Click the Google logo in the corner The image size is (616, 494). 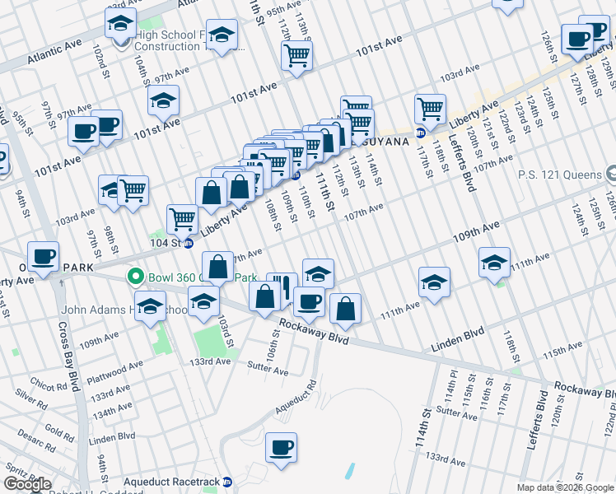point(27,484)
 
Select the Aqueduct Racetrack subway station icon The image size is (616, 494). point(228,482)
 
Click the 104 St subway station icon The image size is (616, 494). point(189,243)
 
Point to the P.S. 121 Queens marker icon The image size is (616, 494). point(609,175)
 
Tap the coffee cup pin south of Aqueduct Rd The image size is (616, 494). point(281,448)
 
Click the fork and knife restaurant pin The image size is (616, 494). point(282,287)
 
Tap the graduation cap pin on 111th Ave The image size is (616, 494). point(494,262)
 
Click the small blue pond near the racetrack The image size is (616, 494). point(350,471)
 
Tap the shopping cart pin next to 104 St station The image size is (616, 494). point(182,218)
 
